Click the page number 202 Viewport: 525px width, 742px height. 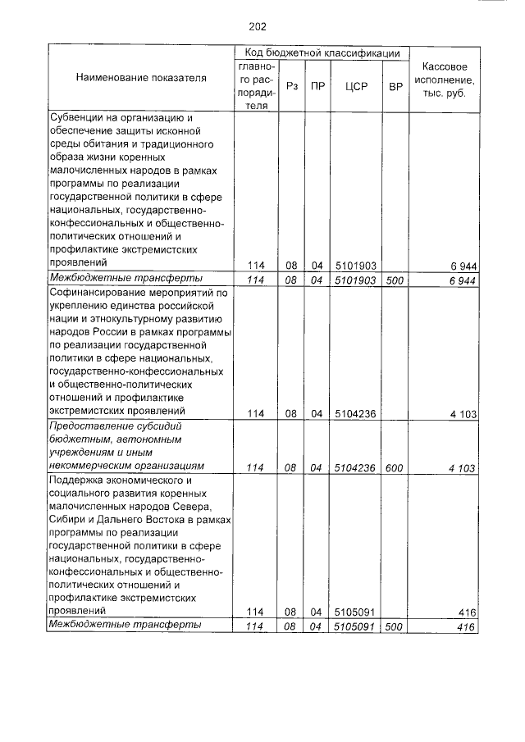[x=258, y=26]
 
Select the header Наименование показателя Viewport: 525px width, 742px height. [x=141, y=78]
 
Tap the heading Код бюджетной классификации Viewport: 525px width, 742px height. [x=322, y=52]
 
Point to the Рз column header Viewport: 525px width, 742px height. [x=290, y=85]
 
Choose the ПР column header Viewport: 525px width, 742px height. [x=316, y=85]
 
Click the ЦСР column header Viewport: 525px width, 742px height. [x=356, y=85]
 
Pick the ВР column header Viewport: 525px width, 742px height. [x=395, y=85]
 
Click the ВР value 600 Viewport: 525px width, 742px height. [x=395, y=467]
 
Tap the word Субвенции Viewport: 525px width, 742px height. [x=76, y=119]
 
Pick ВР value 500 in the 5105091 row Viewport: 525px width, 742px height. [x=395, y=627]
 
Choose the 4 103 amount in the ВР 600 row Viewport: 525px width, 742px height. [x=463, y=467]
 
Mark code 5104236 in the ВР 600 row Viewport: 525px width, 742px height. [x=355, y=467]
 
